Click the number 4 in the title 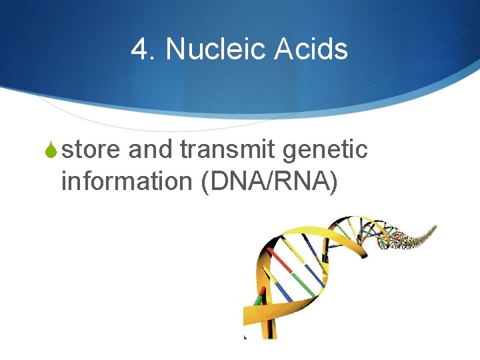[140, 49]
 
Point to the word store [91, 150]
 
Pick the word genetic [325, 151]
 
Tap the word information [127, 181]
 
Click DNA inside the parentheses [233, 181]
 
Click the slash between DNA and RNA [267, 181]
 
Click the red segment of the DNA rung [281, 262]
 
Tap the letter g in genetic [290, 153]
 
